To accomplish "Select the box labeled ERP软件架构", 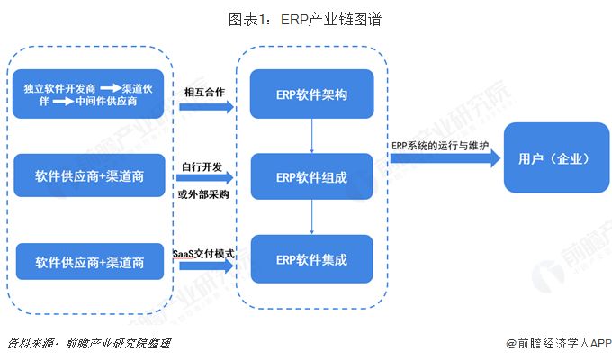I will tap(311, 94).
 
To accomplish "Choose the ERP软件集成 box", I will tap(311, 258).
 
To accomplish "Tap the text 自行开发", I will tap(202, 166).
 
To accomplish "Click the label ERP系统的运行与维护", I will tap(442, 145).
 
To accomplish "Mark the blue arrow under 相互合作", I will tap(205, 107).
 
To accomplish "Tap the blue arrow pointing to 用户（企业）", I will tap(445, 160).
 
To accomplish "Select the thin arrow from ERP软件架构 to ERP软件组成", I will tap(311, 135).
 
